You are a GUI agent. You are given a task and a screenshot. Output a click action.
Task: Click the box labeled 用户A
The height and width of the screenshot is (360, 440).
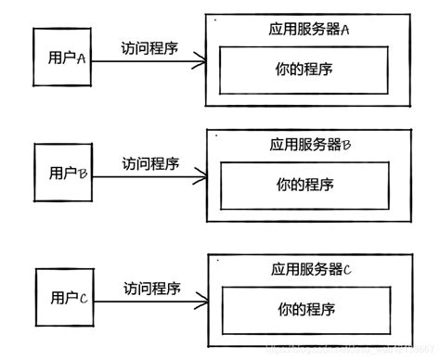click(x=62, y=58)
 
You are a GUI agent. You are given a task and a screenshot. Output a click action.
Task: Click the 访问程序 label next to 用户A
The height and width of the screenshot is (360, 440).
click(x=149, y=47)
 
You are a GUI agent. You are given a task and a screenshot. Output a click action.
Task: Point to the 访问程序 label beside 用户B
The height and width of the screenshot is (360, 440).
click(x=150, y=163)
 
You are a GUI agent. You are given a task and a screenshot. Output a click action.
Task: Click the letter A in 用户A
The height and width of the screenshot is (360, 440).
click(x=81, y=58)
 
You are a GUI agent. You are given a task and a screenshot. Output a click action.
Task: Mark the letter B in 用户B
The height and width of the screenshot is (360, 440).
click(x=82, y=172)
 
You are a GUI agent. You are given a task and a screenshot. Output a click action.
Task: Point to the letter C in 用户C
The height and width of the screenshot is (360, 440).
click(x=83, y=298)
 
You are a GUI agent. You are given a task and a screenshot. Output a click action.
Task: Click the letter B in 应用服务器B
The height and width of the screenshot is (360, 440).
click(x=345, y=146)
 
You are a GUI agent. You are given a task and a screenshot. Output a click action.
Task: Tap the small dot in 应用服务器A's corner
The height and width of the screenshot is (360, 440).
click(x=214, y=19)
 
